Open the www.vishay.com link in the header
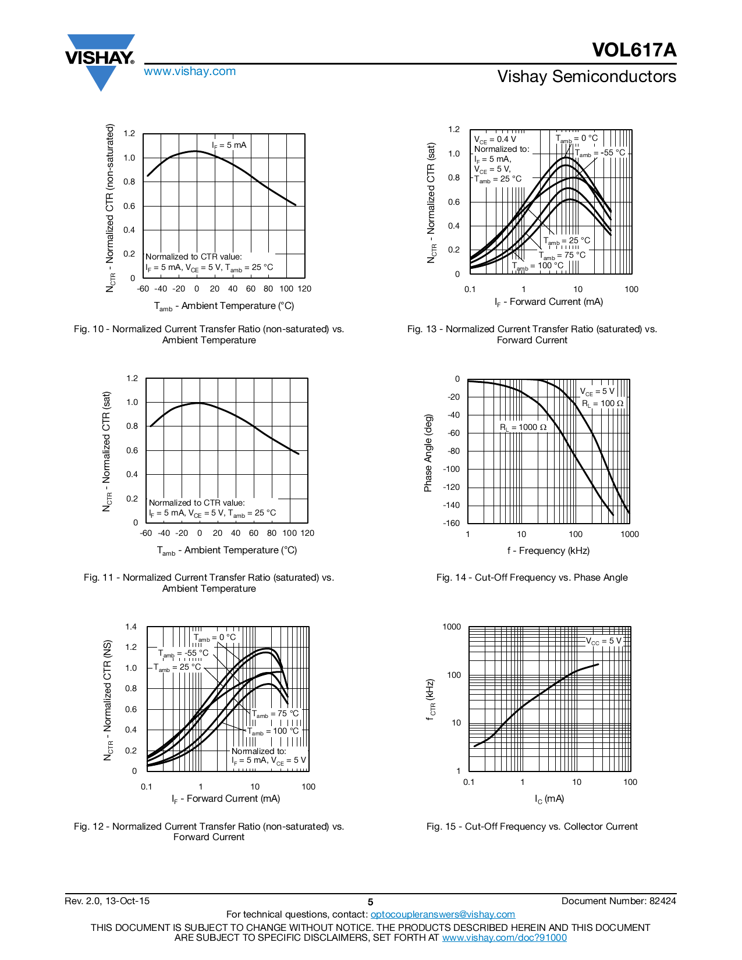point(190,71)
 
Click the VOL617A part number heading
point(634,50)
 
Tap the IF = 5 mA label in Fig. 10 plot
point(229,145)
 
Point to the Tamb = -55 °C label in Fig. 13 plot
point(600,153)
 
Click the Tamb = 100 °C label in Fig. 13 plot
point(538,266)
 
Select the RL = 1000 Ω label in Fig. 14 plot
point(523,427)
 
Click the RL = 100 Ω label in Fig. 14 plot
point(602,403)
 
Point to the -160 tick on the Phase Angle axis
point(452,523)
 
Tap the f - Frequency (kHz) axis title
point(548,550)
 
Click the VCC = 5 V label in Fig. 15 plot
point(603,641)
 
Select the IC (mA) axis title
point(549,799)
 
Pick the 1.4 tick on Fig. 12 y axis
point(131,627)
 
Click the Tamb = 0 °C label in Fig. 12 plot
point(215,638)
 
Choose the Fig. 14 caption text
point(532,577)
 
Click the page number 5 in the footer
point(370,902)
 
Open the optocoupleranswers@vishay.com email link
point(442,914)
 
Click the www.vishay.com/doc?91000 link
point(504,937)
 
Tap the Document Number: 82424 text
point(619,901)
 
